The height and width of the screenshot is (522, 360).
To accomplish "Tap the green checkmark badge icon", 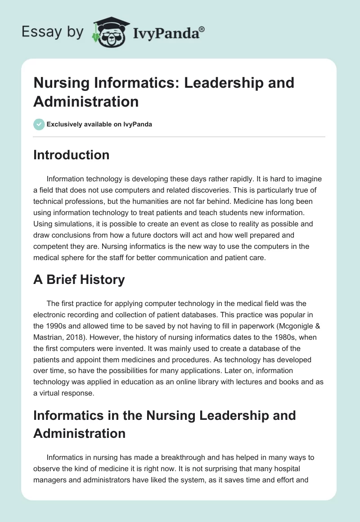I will [39, 124].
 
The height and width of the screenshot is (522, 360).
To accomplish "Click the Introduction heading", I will [71, 155].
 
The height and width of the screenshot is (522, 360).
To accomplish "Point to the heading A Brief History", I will [79, 279].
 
